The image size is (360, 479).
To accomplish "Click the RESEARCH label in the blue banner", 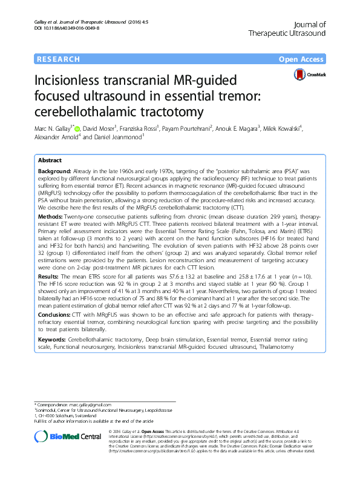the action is pyautogui.click(x=58, y=59).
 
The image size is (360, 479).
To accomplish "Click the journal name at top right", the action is pyautogui.click(x=287, y=28).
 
